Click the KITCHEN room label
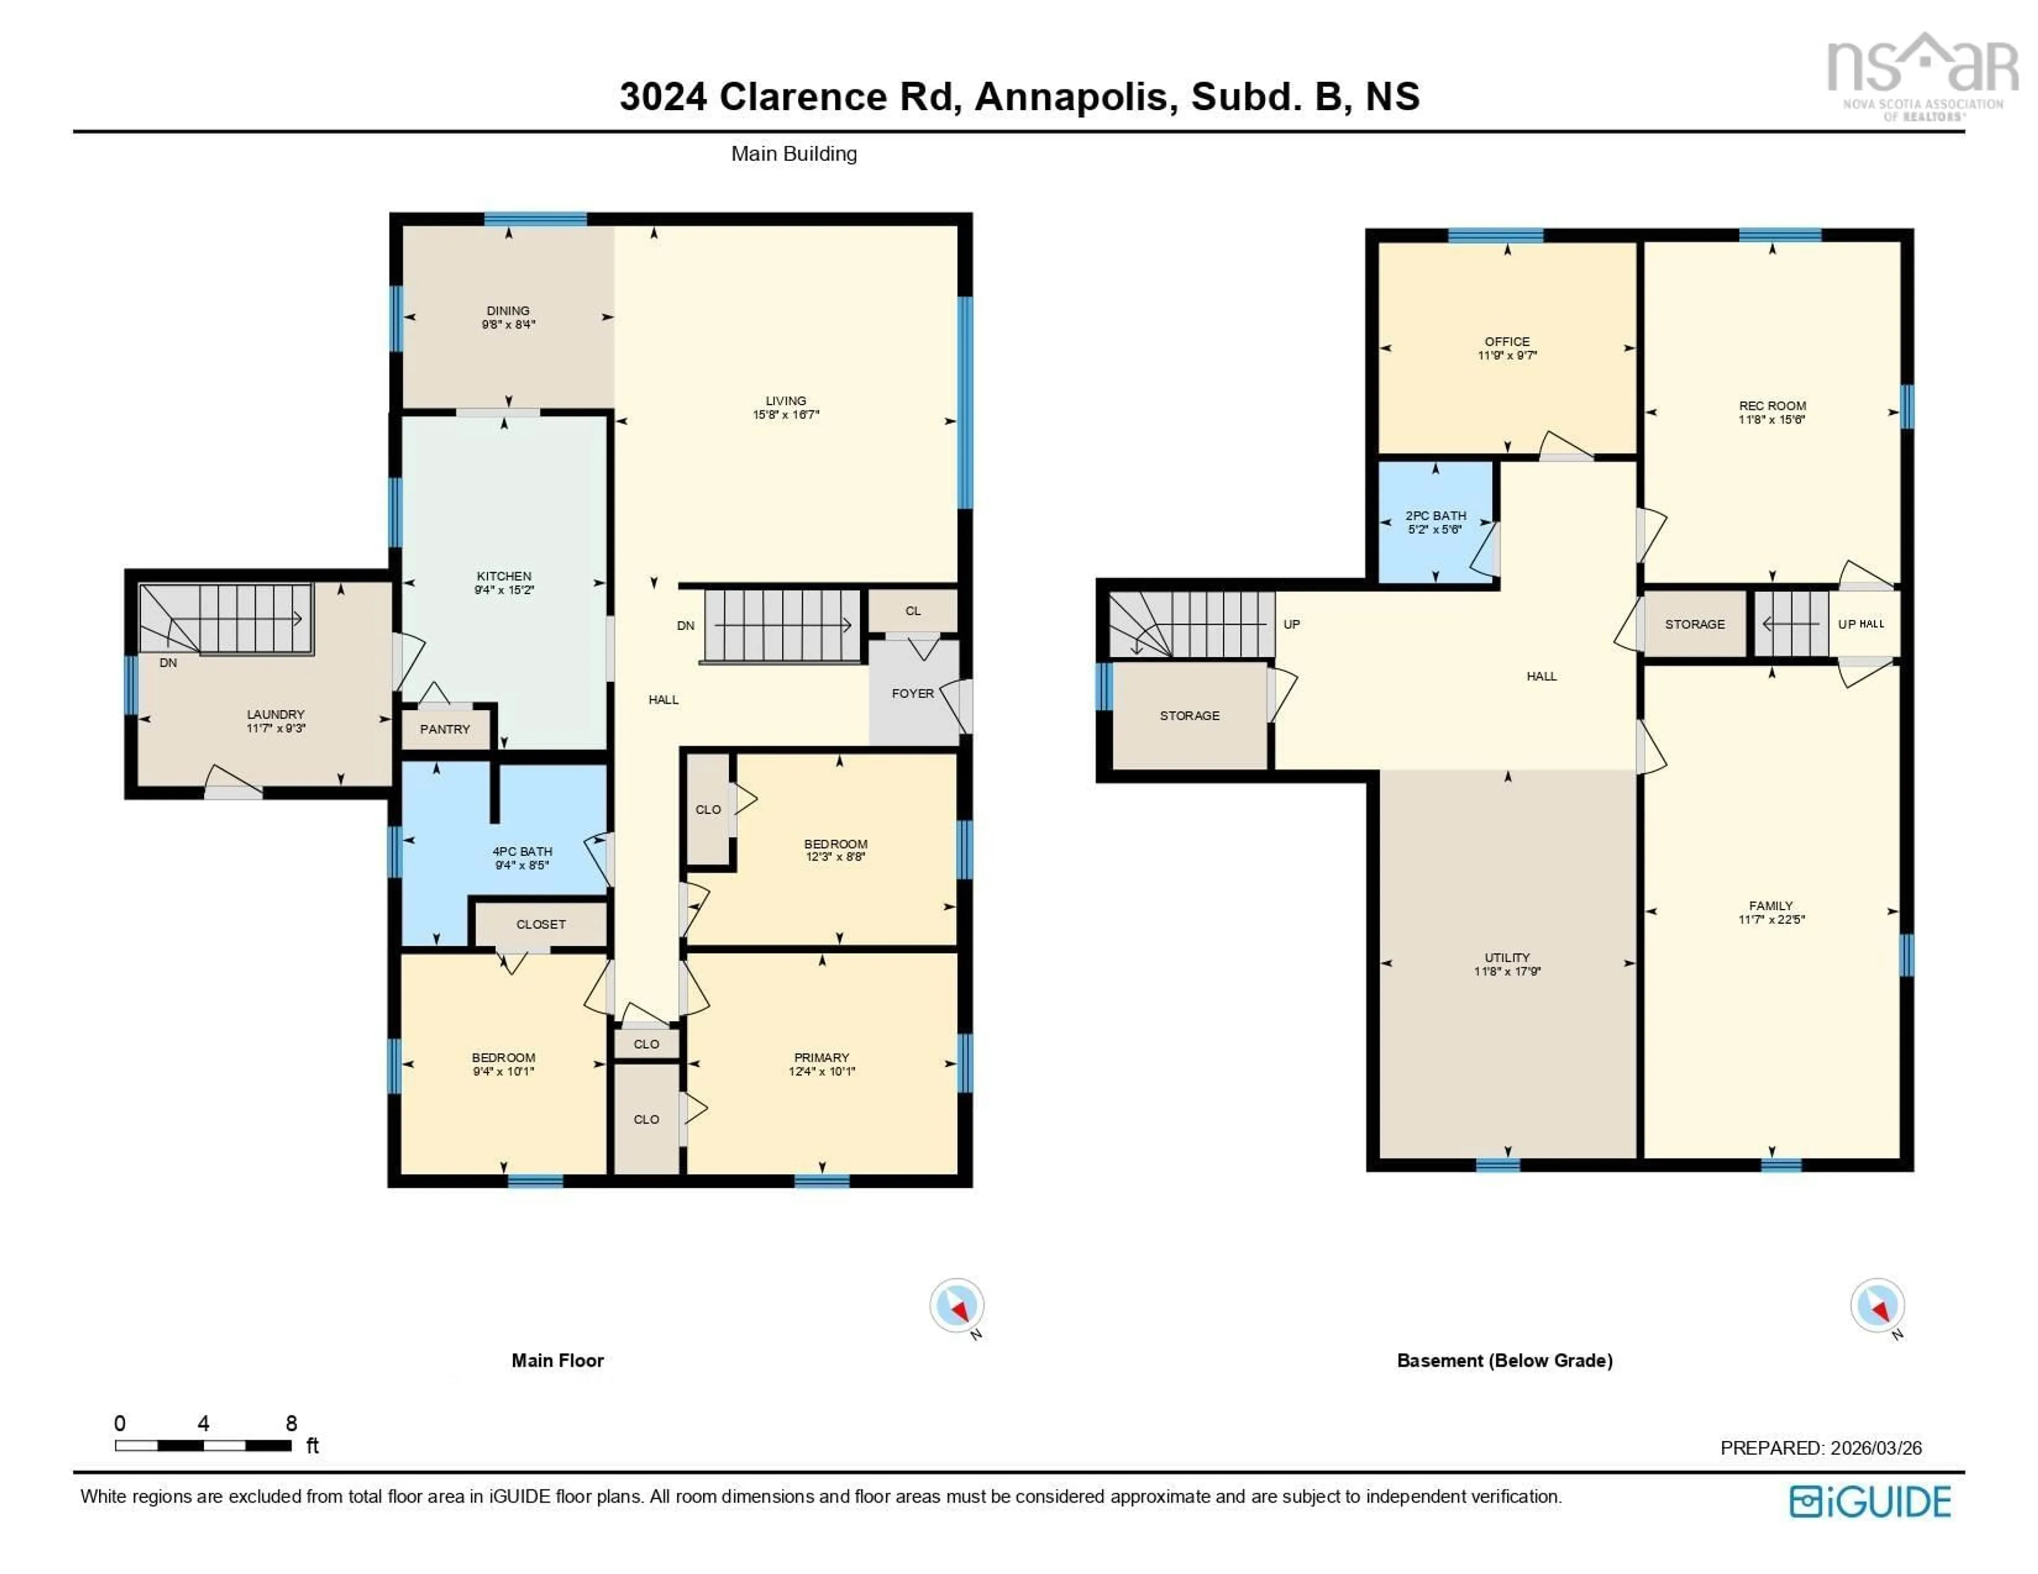click(x=504, y=576)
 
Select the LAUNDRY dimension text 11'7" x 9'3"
click(x=275, y=728)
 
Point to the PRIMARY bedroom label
click(x=821, y=1057)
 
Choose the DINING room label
click(x=507, y=311)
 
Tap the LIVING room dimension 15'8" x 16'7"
click(x=785, y=414)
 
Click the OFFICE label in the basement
click(x=1507, y=342)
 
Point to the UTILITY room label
click(x=1507, y=957)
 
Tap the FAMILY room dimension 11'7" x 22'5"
click(x=1771, y=919)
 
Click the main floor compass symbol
click(x=956, y=1305)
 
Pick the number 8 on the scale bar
click(x=291, y=1423)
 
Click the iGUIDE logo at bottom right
click(x=1870, y=1501)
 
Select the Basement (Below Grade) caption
click(x=1504, y=1360)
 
